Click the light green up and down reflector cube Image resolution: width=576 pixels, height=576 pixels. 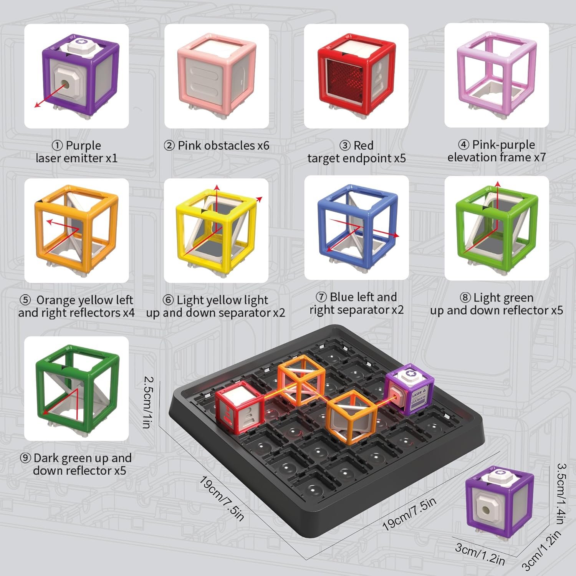(497, 228)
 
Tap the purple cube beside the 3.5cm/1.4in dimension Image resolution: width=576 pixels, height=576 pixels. (499, 499)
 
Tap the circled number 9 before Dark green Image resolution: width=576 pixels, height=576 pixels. (26, 458)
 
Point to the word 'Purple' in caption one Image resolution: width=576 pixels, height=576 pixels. (83, 146)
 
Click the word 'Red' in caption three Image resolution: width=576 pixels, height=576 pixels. (363, 146)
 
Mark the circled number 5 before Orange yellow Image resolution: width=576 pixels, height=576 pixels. (25, 300)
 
